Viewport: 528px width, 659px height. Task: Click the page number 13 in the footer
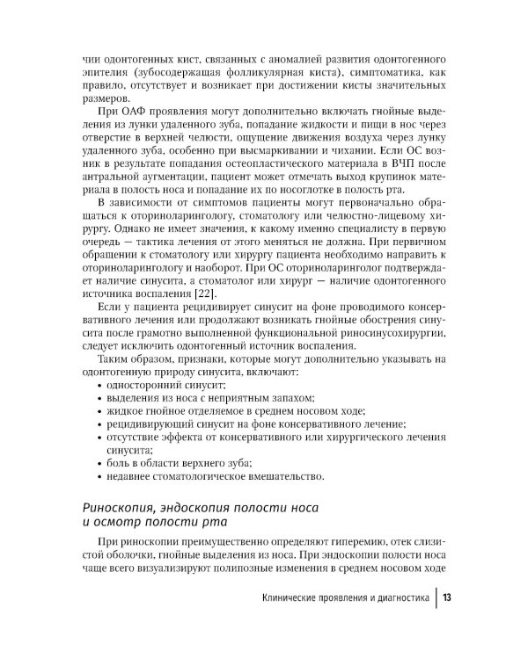(x=447, y=598)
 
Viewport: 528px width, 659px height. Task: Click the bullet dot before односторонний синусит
(x=97, y=386)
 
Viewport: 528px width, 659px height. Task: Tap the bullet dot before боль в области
(x=97, y=463)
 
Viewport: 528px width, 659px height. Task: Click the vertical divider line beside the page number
(x=436, y=598)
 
